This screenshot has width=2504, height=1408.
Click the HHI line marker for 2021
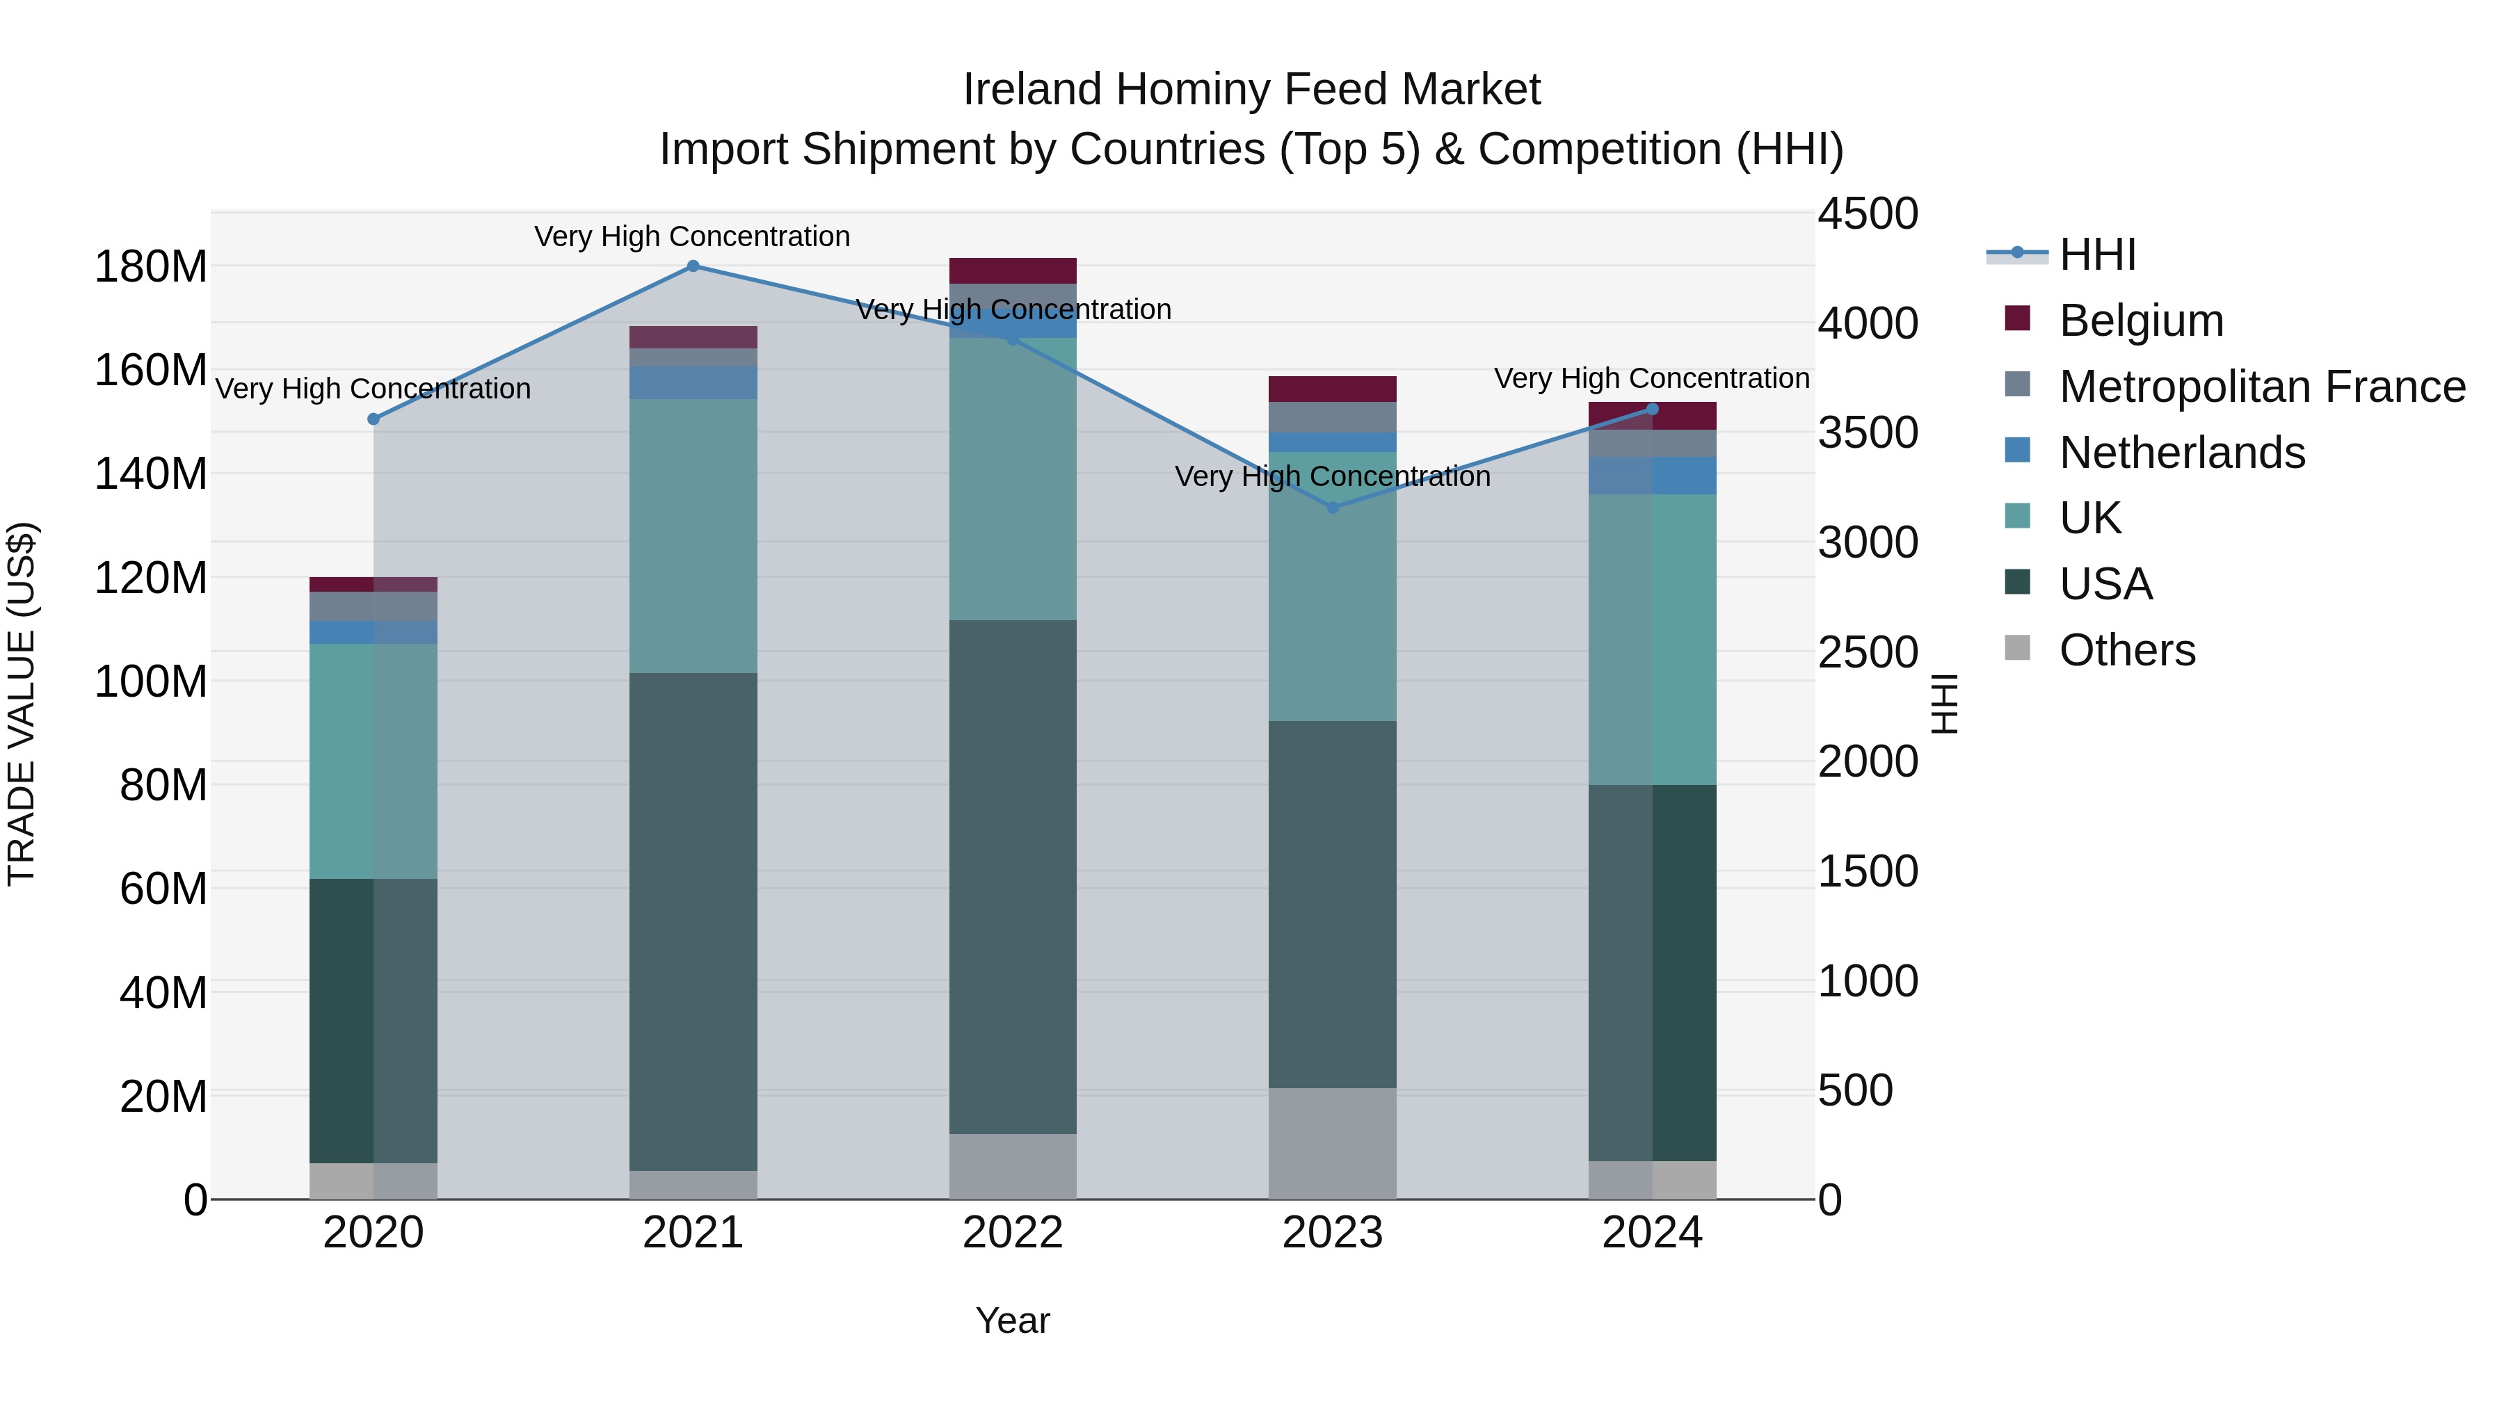(x=693, y=266)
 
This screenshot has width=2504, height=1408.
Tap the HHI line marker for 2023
(x=1333, y=508)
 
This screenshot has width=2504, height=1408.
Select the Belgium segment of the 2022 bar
(x=1013, y=270)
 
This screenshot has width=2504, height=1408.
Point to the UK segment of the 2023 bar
(x=1333, y=586)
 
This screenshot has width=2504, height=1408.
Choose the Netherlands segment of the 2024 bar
(x=1653, y=475)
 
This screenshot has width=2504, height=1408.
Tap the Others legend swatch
(x=2018, y=648)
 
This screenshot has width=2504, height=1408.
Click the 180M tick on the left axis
(x=151, y=266)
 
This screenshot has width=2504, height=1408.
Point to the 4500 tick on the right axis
(x=1868, y=213)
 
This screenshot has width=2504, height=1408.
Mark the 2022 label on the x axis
(x=1013, y=1233)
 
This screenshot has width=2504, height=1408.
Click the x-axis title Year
(x=1013, y=1320)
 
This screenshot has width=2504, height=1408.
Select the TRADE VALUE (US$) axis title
(x=22, y=704)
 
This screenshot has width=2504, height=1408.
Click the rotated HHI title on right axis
(x=1944, y=704)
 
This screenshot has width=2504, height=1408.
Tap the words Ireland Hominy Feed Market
(x=1251, y=90)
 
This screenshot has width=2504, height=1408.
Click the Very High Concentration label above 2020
(x=374, y=389)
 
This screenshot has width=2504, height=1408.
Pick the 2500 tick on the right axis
(x=1868, y=652)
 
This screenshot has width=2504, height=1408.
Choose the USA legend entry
(x=2105, y=584)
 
